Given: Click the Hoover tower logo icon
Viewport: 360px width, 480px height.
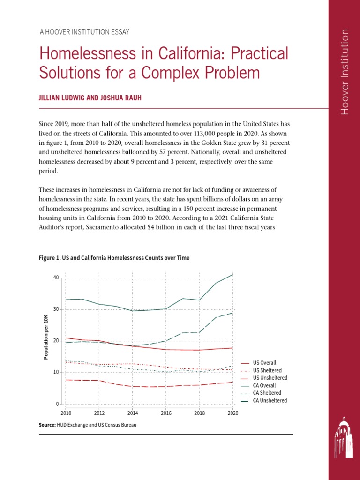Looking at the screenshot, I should coord(344,439).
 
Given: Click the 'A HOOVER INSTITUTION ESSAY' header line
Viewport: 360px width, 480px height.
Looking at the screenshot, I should coord(84,32).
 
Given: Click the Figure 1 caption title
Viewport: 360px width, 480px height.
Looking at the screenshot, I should coord(112,258).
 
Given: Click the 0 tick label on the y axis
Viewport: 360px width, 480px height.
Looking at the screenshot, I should coord(57,404).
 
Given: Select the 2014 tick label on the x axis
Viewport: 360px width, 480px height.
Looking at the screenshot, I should coord(133,413).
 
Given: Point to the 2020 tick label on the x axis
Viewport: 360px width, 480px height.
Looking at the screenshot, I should coord(233,413).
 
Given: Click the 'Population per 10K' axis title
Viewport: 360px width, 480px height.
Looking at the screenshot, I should coord(46,337).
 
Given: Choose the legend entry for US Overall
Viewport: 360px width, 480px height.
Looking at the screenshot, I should coord(264,363).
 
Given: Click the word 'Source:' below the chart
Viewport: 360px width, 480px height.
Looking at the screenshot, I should coord(47,425).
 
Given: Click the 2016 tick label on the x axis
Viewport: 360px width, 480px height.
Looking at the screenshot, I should coord(166,413).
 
